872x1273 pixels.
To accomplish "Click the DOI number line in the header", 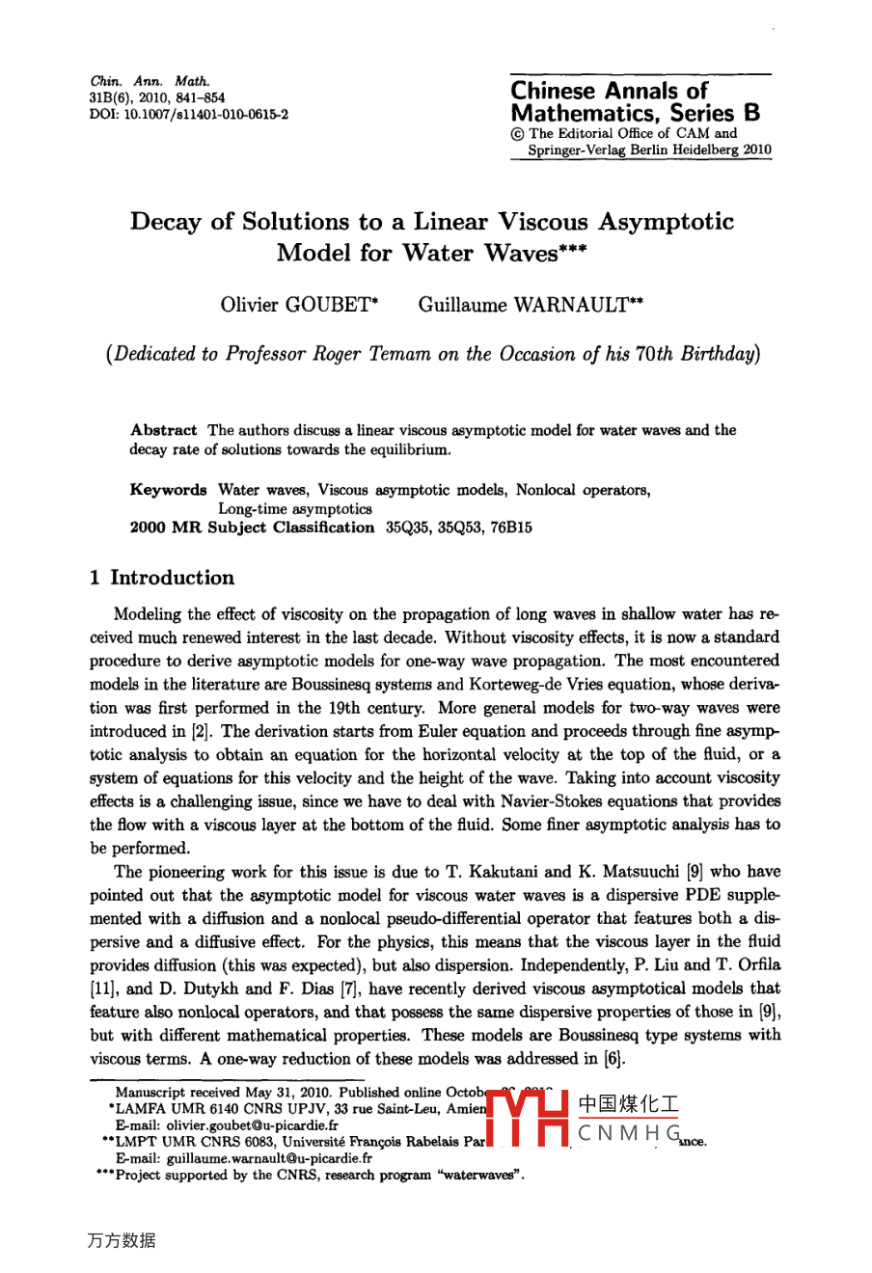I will (x=188, y=113).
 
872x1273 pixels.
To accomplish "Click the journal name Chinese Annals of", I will (x=609, y=91).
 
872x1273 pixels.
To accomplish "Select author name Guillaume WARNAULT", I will (x=531, y=305).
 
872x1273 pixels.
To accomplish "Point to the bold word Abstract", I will (x=164, y=430).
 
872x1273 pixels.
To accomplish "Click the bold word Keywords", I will (x=169, y=490).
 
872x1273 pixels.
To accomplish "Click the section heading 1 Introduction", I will (x=162, y=578).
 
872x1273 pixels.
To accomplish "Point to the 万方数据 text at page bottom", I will (x=122, y=1241).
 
